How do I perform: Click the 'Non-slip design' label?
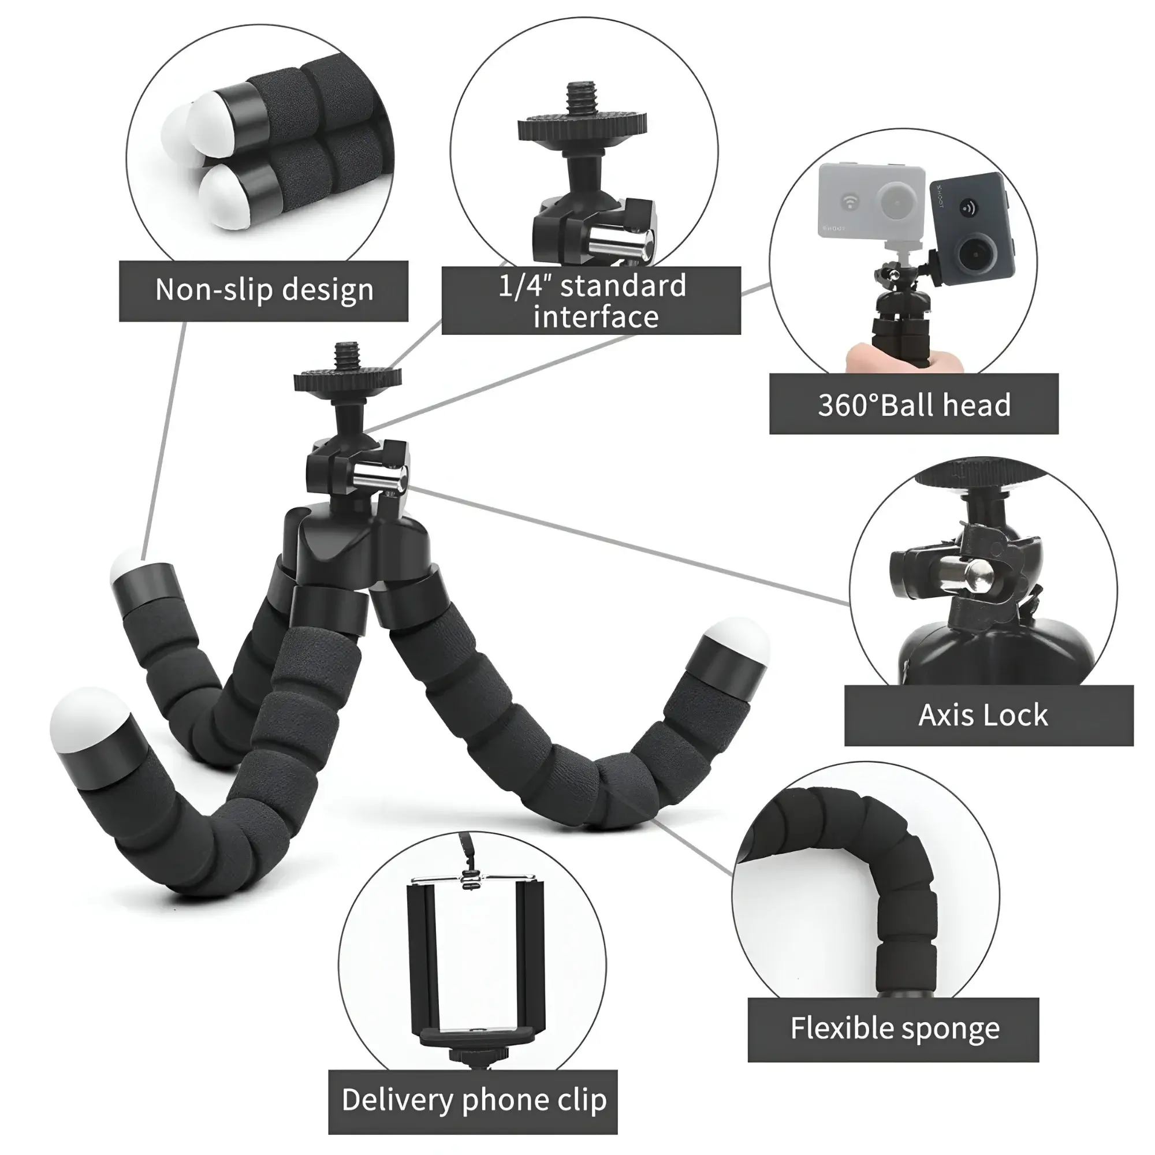264,290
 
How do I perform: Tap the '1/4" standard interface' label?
591,301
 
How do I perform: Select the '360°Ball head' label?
914,404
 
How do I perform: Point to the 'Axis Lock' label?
989,715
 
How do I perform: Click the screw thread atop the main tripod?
347,357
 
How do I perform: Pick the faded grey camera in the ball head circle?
871,200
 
